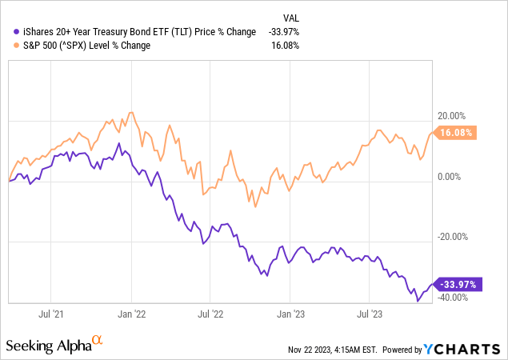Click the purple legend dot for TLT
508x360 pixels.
pos(7,31)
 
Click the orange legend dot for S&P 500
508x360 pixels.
pos(7,45)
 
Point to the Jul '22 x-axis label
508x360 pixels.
pos(214,314)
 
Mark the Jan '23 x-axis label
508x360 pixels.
pos(293,314)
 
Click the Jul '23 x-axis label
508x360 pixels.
pos(371,314)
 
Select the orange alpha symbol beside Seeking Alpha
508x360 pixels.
pos(98,340)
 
